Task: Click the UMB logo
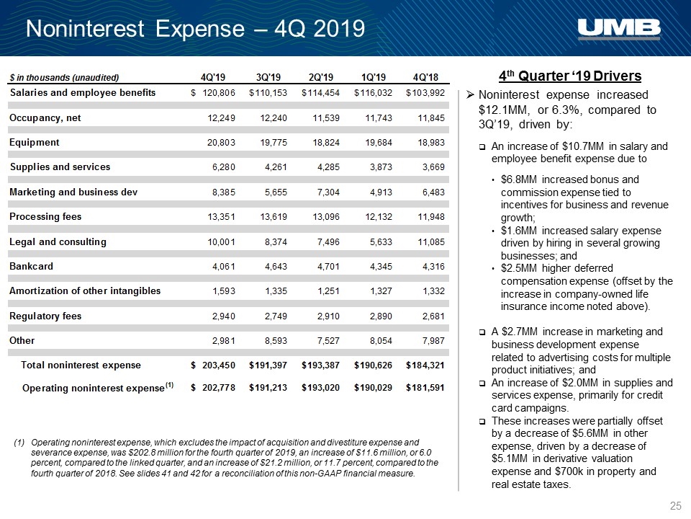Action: tap(619, 28)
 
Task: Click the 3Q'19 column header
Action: tap(268, 77)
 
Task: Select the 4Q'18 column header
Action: tap(425, 77)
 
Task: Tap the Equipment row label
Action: tap(34, 143)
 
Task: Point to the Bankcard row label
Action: tap(31, 266)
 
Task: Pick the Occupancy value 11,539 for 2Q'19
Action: tap(326, 117)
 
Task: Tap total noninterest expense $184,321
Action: tap(425, 365)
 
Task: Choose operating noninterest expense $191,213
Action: tap(268, 388)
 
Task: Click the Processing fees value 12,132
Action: tap(379, 217)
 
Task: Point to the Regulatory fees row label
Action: tap(45, 316)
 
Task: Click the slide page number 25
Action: tap(676, 506)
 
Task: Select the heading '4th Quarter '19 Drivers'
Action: tap(570, 76)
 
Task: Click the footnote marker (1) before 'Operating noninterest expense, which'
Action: tap(19, 442)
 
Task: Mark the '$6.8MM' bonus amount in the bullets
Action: tap(519, 179)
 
